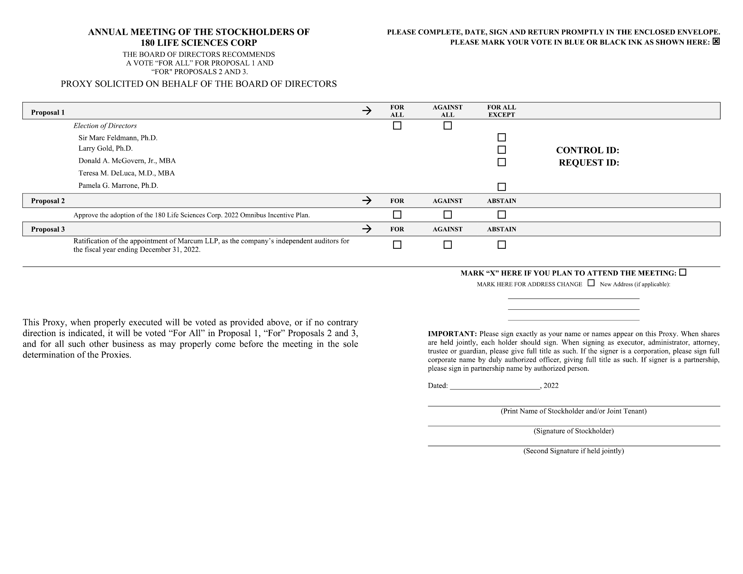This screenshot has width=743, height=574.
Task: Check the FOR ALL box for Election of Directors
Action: click(397, 126)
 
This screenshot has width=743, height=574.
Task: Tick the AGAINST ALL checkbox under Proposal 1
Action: click(448, 126)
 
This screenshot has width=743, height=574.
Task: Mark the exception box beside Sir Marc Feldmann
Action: click(501, 137)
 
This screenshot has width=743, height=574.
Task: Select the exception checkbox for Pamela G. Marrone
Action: click(501, 187)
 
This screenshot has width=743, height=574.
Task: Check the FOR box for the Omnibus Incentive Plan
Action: click(397, 215)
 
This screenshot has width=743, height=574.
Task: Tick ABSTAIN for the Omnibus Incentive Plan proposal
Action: click(501, 215)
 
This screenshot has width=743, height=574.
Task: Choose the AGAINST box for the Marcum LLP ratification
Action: click(448, 245)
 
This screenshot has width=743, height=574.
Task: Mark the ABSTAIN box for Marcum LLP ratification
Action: click(501, 245)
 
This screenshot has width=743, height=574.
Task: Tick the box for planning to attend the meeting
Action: click(682, 272)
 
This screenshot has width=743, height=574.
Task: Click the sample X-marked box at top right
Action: click(716, 42)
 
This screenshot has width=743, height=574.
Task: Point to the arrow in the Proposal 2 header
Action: click(367, 200)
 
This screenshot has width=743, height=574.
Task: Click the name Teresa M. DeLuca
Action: click(127, 173)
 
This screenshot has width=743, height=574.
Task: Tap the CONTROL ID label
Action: click(587, 150)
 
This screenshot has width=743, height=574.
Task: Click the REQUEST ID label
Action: click(589, 163)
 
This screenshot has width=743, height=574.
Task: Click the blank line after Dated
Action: click(495, 386)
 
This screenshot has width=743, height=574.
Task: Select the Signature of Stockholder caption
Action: click(574, 431)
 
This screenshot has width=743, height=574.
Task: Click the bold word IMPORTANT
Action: click(452, 334)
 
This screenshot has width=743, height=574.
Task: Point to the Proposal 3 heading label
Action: click(48, 229)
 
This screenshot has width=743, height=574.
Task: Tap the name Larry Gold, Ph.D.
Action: click(105, 148)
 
